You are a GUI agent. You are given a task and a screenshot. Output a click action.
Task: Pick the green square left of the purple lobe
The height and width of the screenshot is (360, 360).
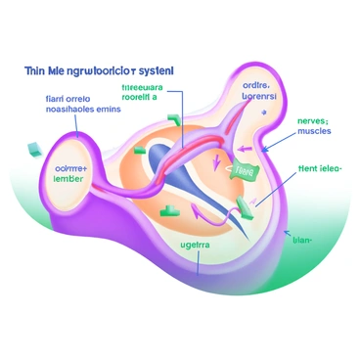30,149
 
